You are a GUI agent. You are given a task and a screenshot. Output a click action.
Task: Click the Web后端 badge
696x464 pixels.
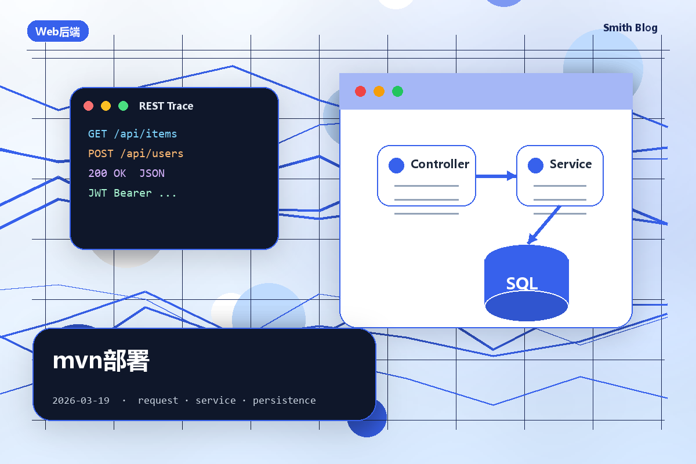pyautogui.click(x=58, y=31)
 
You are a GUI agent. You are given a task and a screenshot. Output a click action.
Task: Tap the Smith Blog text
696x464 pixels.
pyautogui.click(x=630, y=28)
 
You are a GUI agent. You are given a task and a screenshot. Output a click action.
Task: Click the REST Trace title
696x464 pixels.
pyautogui.click(x=166, y=106)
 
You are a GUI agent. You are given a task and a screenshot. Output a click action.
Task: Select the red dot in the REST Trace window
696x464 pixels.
pyautogui.click(x=89, y=106)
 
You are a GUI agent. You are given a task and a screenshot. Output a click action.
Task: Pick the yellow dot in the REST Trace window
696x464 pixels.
pyautogui.click(x=106, y=106)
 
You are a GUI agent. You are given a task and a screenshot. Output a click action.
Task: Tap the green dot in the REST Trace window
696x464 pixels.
pyautogui.click(x=124, y=106)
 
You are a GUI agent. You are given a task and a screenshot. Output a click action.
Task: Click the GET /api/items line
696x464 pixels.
pyautogui.click(x=133, y=134)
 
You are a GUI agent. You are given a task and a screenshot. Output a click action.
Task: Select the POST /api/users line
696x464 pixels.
pyautogui.click(x=136, y=154)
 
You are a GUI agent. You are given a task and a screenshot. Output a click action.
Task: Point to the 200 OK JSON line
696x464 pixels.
pyautogui.click(x=126, y=173)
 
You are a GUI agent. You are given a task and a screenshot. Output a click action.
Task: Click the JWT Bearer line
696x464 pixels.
pyautogui.click(x=132, y=193)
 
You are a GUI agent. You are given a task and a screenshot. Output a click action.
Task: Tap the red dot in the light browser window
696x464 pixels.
pyautogui.click(x=360, y=92)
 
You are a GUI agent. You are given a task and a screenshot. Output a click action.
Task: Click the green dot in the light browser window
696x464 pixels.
pyautogui.click(x=398, y=92)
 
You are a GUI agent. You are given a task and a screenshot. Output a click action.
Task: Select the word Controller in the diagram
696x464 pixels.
pyautogui.click(x=440, y=164)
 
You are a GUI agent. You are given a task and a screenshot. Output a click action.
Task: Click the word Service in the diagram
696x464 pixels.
pyautogui.click(x=571, y=164)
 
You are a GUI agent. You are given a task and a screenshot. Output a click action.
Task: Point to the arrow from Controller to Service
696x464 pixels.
pyautogui.click(x=496, y=176)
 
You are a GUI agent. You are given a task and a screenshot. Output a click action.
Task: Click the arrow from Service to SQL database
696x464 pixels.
pyautogui.click(x=544, y=225)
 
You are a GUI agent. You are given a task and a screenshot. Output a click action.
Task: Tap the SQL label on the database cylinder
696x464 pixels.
pyautogui.click(x=521, y=284)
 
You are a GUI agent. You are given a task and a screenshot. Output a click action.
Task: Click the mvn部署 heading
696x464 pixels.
pyautogui.click(x=101, y=361)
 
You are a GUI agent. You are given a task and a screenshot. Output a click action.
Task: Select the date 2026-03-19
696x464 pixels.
pyautogui.click(x=81, y=400)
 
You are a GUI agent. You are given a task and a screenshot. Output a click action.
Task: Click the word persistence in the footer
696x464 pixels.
pyautogui.click(x=284, y=401)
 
